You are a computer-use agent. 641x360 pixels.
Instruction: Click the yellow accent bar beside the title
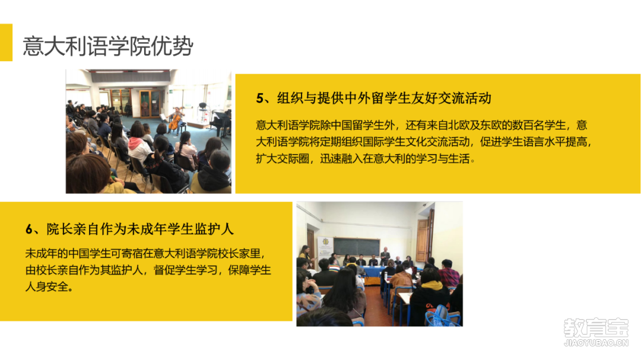click(6, 42)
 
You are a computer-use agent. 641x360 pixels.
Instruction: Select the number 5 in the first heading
click(259, 98)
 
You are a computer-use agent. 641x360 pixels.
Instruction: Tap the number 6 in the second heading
click(29, 229)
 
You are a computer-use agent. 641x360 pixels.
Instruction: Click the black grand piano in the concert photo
click(221, 121)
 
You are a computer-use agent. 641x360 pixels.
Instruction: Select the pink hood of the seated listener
click(138, 145)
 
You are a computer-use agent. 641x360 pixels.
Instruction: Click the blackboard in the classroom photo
click(356, 247)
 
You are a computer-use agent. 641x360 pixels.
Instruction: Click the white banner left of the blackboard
click(323, 249)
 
